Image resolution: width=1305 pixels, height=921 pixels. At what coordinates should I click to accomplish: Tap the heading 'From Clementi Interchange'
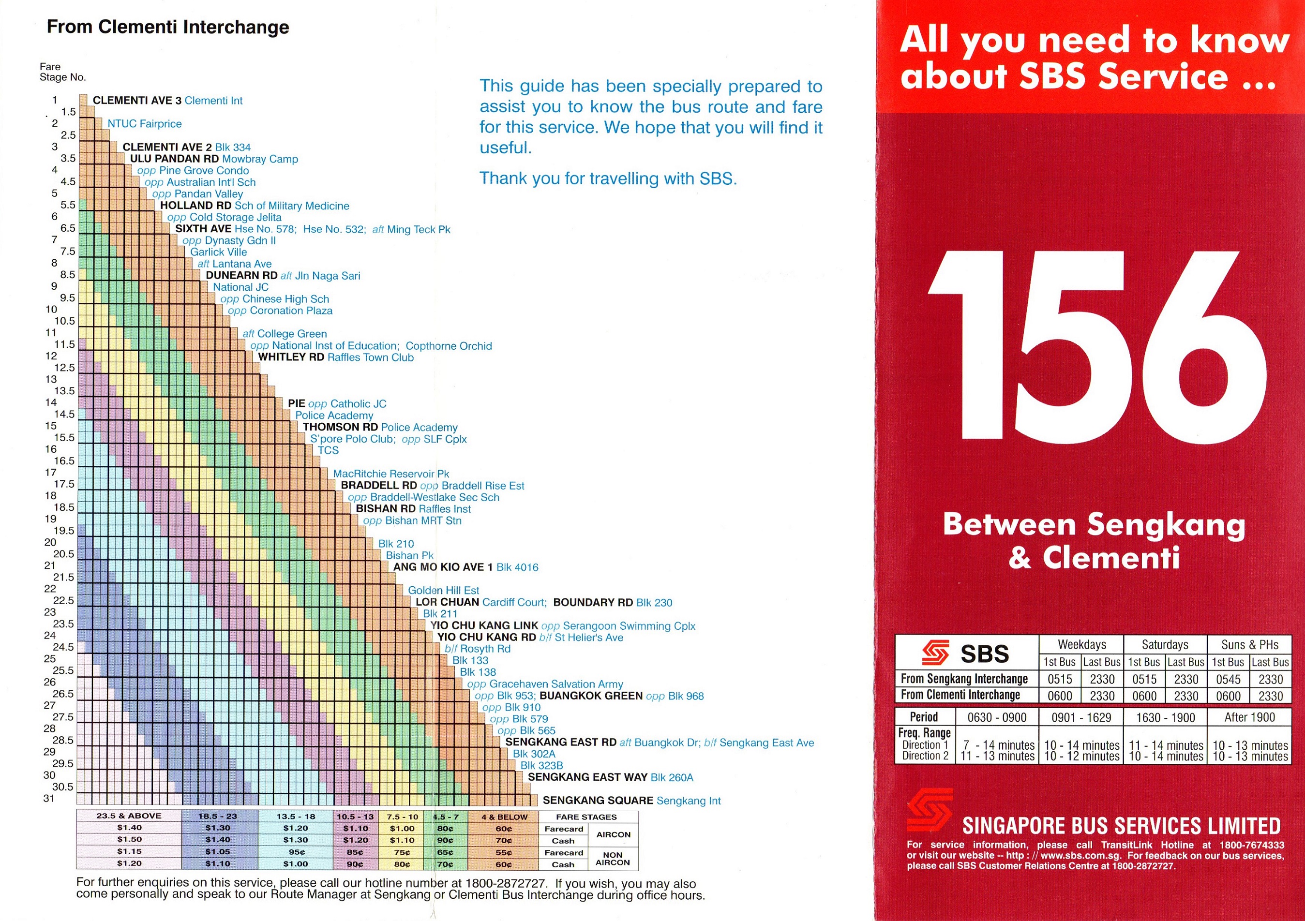pyautogui.click(x=168, y=27)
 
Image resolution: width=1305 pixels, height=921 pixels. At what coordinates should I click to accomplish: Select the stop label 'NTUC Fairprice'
pyautogui.click(x=144, y=124)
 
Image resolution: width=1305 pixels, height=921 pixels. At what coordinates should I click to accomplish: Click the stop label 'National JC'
pyautogui.click(x=240, y=287)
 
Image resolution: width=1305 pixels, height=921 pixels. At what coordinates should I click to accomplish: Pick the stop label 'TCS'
pyautogui.click(x=328, y=450)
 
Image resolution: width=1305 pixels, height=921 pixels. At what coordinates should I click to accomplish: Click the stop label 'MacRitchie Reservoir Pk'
pyautogui.click(x=390, y=474)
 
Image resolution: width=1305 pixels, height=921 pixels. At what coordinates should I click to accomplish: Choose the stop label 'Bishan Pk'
pyautogui.click(x=409, y=555)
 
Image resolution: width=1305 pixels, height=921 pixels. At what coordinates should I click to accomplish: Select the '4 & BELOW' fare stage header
pyautogui.click(x=504, y=817)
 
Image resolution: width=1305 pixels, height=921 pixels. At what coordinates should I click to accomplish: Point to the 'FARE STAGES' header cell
pyautogui.click(x=586, y=817)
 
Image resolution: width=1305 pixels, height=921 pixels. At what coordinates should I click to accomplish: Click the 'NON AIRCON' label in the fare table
pyautogui.click(x=612, y=859)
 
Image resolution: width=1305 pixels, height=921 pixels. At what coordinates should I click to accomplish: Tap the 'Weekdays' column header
pyautogui.click(x=1081, y=644)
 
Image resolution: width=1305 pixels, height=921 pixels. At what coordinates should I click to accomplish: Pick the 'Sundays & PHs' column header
pyautogui.click(x=1249, y=644)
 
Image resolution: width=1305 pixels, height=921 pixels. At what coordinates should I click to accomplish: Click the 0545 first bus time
pyautogui.click(x=1228, y=679)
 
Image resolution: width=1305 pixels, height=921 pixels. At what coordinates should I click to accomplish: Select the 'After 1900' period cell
pyautogui.click(x=1249, y=717)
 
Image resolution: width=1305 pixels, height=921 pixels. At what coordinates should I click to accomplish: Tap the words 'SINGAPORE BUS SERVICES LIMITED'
pyautogui.click(x=1121, y=826)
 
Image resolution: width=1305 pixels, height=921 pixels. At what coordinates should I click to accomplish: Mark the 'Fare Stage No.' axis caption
pyautogui.click(x=62, y=72)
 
